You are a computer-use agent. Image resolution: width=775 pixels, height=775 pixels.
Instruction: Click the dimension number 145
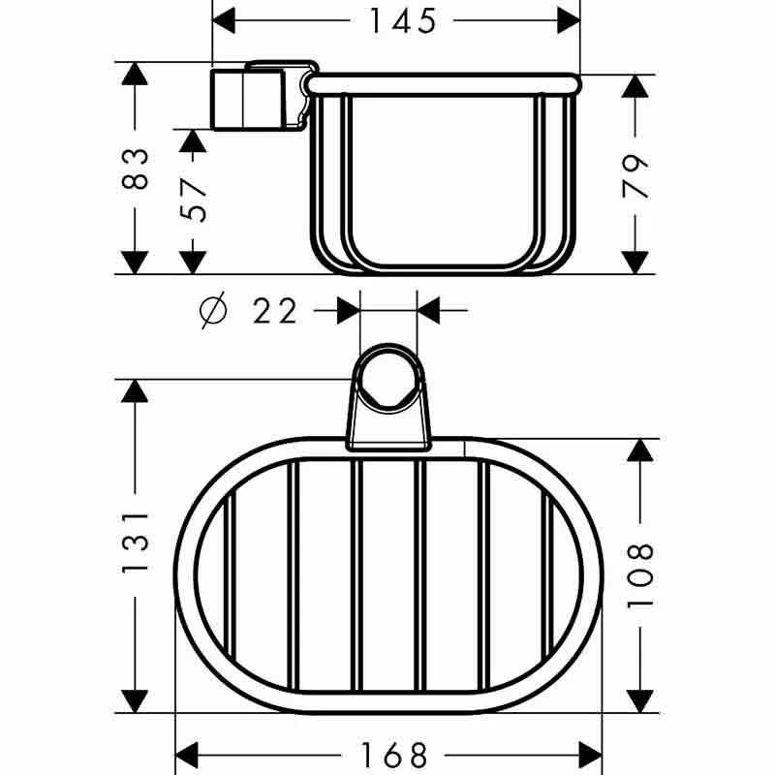click(x=401, y=19)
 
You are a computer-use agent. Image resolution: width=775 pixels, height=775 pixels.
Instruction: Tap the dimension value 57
click(x=195, y=199)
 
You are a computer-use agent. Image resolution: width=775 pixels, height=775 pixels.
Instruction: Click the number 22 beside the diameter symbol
click(x=275, y=311)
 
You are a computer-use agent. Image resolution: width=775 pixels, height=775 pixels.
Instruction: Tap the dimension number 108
click(x=640, y=575)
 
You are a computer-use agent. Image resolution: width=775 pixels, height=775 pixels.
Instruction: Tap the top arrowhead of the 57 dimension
click(x=195, y=141)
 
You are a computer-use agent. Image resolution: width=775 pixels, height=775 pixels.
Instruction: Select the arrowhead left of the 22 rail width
click(x=347, y=311)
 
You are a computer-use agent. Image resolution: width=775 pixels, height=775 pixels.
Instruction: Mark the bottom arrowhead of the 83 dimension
click(x=137, y=261)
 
